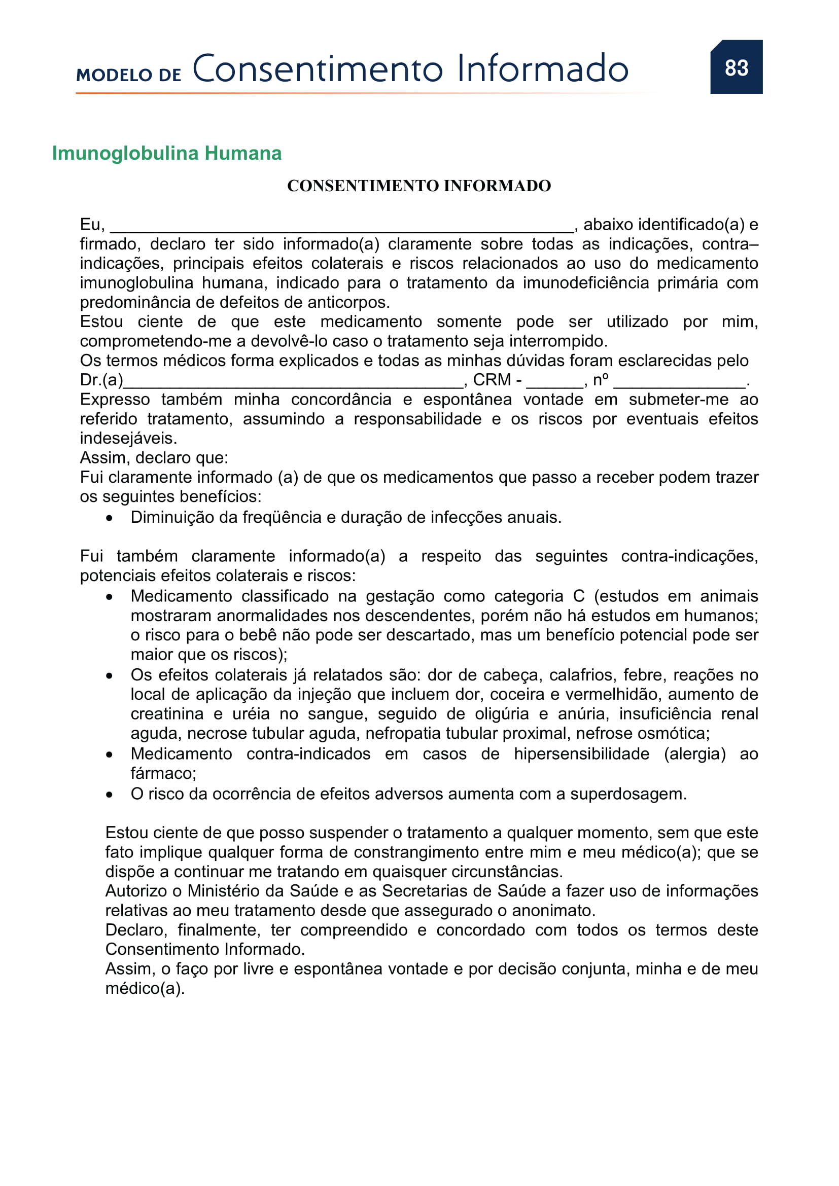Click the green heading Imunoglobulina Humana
pyautogui.click(x=166, y=154)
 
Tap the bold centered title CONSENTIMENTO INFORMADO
pyautogui.click(x=419, y=186)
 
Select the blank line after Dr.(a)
pyautogui.click(x=293, y=383)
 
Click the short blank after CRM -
pyautogui.click(x=554, y=383)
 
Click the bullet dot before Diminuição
pyautogui.click(x=109, y=518)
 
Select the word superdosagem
pyautogui.click(x=627, y=794)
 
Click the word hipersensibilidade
pyautogui.click(x=581, y=754)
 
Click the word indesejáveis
pyautogui.click(x=128, y=439)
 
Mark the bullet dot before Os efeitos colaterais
pyautogui.click(x=109, y=675)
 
